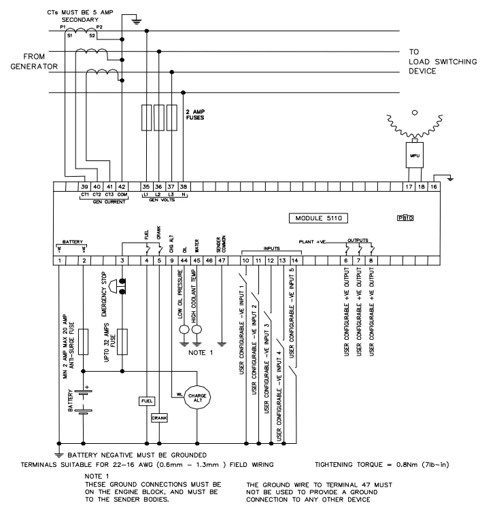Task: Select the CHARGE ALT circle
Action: coord(196,395)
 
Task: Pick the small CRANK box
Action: coord(159,418)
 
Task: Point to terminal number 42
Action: coord(122,187)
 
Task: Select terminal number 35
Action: coord(146,187)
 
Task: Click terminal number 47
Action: coord(222,260)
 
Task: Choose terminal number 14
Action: coord(294,260)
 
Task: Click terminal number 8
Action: coord(371,260)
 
